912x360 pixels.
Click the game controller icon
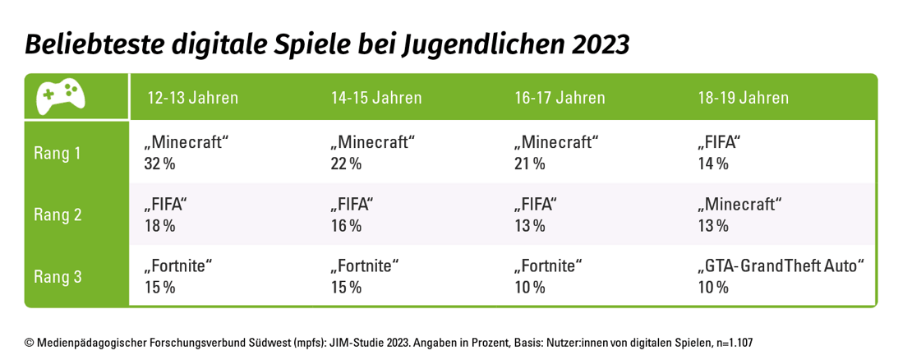[x=61, y=97]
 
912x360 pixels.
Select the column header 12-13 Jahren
[x=193, y=98]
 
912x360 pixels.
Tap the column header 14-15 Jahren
[x=376, y=98]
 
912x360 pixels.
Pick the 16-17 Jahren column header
[x=560, y=98]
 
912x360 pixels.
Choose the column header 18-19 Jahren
[x=743, y=98]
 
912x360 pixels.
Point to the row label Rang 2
[x=58, y=215]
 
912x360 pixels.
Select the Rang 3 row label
[x=58, y=276]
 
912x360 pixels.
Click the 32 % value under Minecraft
[x=160, y=164]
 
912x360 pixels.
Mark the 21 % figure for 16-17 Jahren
[x=528, y=164]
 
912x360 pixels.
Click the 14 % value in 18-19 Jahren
[x=712, y=164]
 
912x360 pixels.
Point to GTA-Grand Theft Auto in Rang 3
[x=781, y=266]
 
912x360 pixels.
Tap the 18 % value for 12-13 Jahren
[x=160, y=225]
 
